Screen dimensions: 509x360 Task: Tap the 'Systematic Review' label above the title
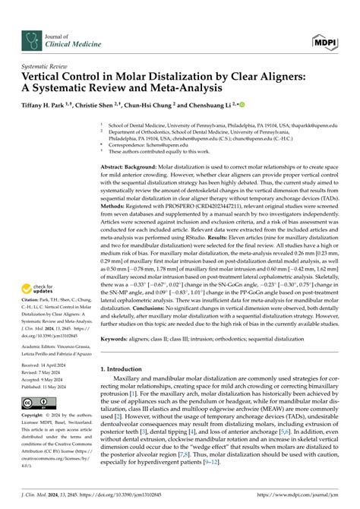tap(46, 67)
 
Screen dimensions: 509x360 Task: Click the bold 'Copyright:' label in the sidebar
tap(33, 417)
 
